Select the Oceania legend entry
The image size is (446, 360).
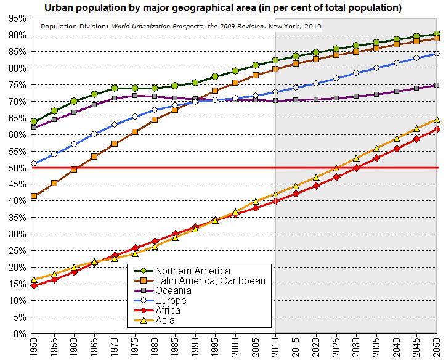[174, 290]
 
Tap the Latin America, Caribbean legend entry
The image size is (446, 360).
[210, 280]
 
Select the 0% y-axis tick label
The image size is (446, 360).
[18, 333]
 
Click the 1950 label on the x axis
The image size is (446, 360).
[34, 348]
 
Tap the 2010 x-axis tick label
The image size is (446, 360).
[275, 348]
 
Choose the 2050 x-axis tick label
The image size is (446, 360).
[437, 348]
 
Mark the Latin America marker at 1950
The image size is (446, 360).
[34, 196]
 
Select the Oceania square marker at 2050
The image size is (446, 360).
[437, 85]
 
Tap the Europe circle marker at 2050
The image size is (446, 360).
[437, 54]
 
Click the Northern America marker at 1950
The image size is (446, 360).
[34, 121]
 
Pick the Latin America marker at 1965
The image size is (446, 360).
[94, 157]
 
